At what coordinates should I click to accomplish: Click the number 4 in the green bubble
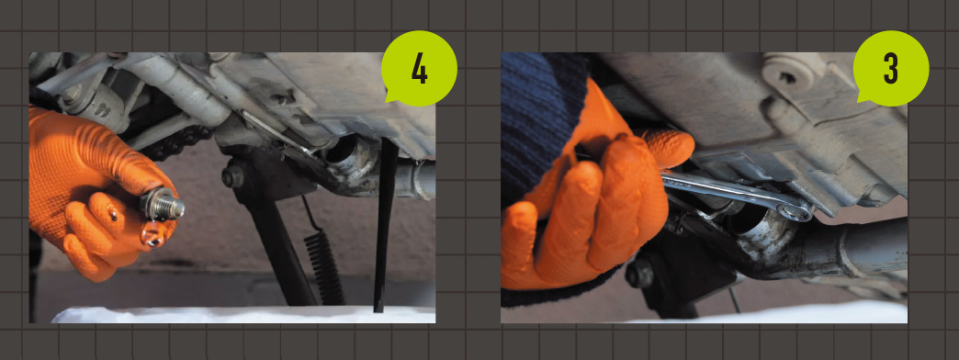[x=419, y=69]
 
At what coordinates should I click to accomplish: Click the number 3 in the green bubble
[x=890, y=69]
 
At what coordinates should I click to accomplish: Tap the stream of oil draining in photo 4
[x=385, y=226]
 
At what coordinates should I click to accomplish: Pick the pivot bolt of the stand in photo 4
[x=233, y=177]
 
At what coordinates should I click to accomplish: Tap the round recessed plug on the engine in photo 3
[x=786, y=76]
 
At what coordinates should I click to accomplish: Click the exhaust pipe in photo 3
[x=844, y=251]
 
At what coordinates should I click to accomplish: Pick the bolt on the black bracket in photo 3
[x=639, y=275]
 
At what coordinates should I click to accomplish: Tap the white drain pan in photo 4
[x=243, y=315]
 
